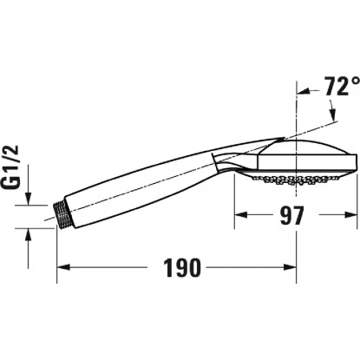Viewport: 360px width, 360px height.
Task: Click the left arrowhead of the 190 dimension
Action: tap(62, 267)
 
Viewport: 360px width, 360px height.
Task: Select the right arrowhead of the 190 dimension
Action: tap(292, 267)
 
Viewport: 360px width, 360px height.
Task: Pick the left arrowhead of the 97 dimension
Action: tap(240, 214)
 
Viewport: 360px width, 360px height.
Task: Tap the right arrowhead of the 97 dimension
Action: tap(351, 214)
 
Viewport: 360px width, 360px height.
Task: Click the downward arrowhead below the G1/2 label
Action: tap(29, 199)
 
